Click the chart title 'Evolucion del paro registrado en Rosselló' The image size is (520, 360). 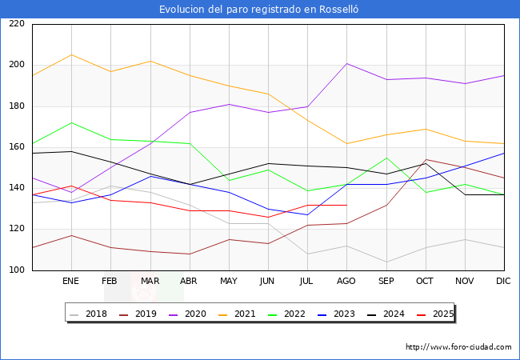[260, 10]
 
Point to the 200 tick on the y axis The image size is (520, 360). [17, 65]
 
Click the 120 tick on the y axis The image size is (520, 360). [17, 230]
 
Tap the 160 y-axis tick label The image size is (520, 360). [17, 147]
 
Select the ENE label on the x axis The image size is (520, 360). [71, 282]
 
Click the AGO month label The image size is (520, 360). [346, 282]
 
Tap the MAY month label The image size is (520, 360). [229, 282]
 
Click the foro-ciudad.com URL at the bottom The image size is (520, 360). [458, 347]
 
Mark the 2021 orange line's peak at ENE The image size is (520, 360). [71, 54]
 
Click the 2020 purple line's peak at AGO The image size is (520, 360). [346, 63]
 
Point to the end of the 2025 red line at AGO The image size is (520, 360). [346, 205]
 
